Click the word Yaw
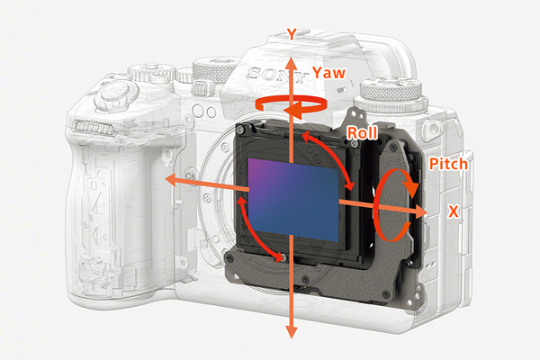(x=328, y=73)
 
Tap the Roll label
(x=363, y=132)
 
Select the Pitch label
(x=448, y=164)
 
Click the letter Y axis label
(x=292, y=34)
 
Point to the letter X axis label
(x=454, y=211)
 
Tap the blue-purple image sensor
(x=293, y=200)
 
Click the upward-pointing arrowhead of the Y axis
(x=292, y=65)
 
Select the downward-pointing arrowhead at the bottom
(x=292, y=331)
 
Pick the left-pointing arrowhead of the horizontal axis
(x=172, y=179)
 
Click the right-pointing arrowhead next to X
(x=420, y=211)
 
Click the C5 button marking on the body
(x=191, y=176)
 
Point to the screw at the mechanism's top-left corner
(x=240, y=130)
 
